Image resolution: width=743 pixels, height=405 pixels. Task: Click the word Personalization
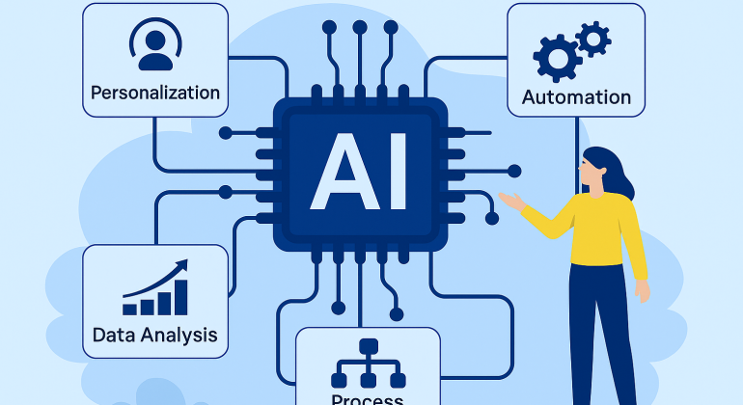[x=154, y=94]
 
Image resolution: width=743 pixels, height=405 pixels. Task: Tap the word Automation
[x=576, y=97]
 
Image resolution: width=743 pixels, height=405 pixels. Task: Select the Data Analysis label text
[x=154, y=336]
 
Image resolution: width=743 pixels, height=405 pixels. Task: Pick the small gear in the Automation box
[x=593, y=39]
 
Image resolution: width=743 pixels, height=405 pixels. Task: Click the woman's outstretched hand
[x=509, y=202]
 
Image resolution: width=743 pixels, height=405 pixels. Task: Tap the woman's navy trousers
[x=598, y=328]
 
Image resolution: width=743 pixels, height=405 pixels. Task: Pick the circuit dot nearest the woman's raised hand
[x=514, y=172]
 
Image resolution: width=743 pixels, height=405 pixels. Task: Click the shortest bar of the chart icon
[x=129, y=309]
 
